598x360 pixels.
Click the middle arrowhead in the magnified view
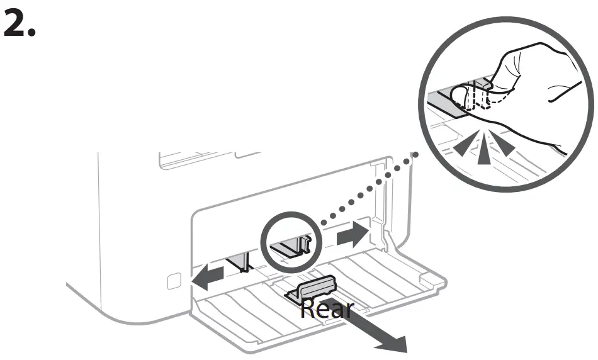pyautogui.click(x=483, y=150)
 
